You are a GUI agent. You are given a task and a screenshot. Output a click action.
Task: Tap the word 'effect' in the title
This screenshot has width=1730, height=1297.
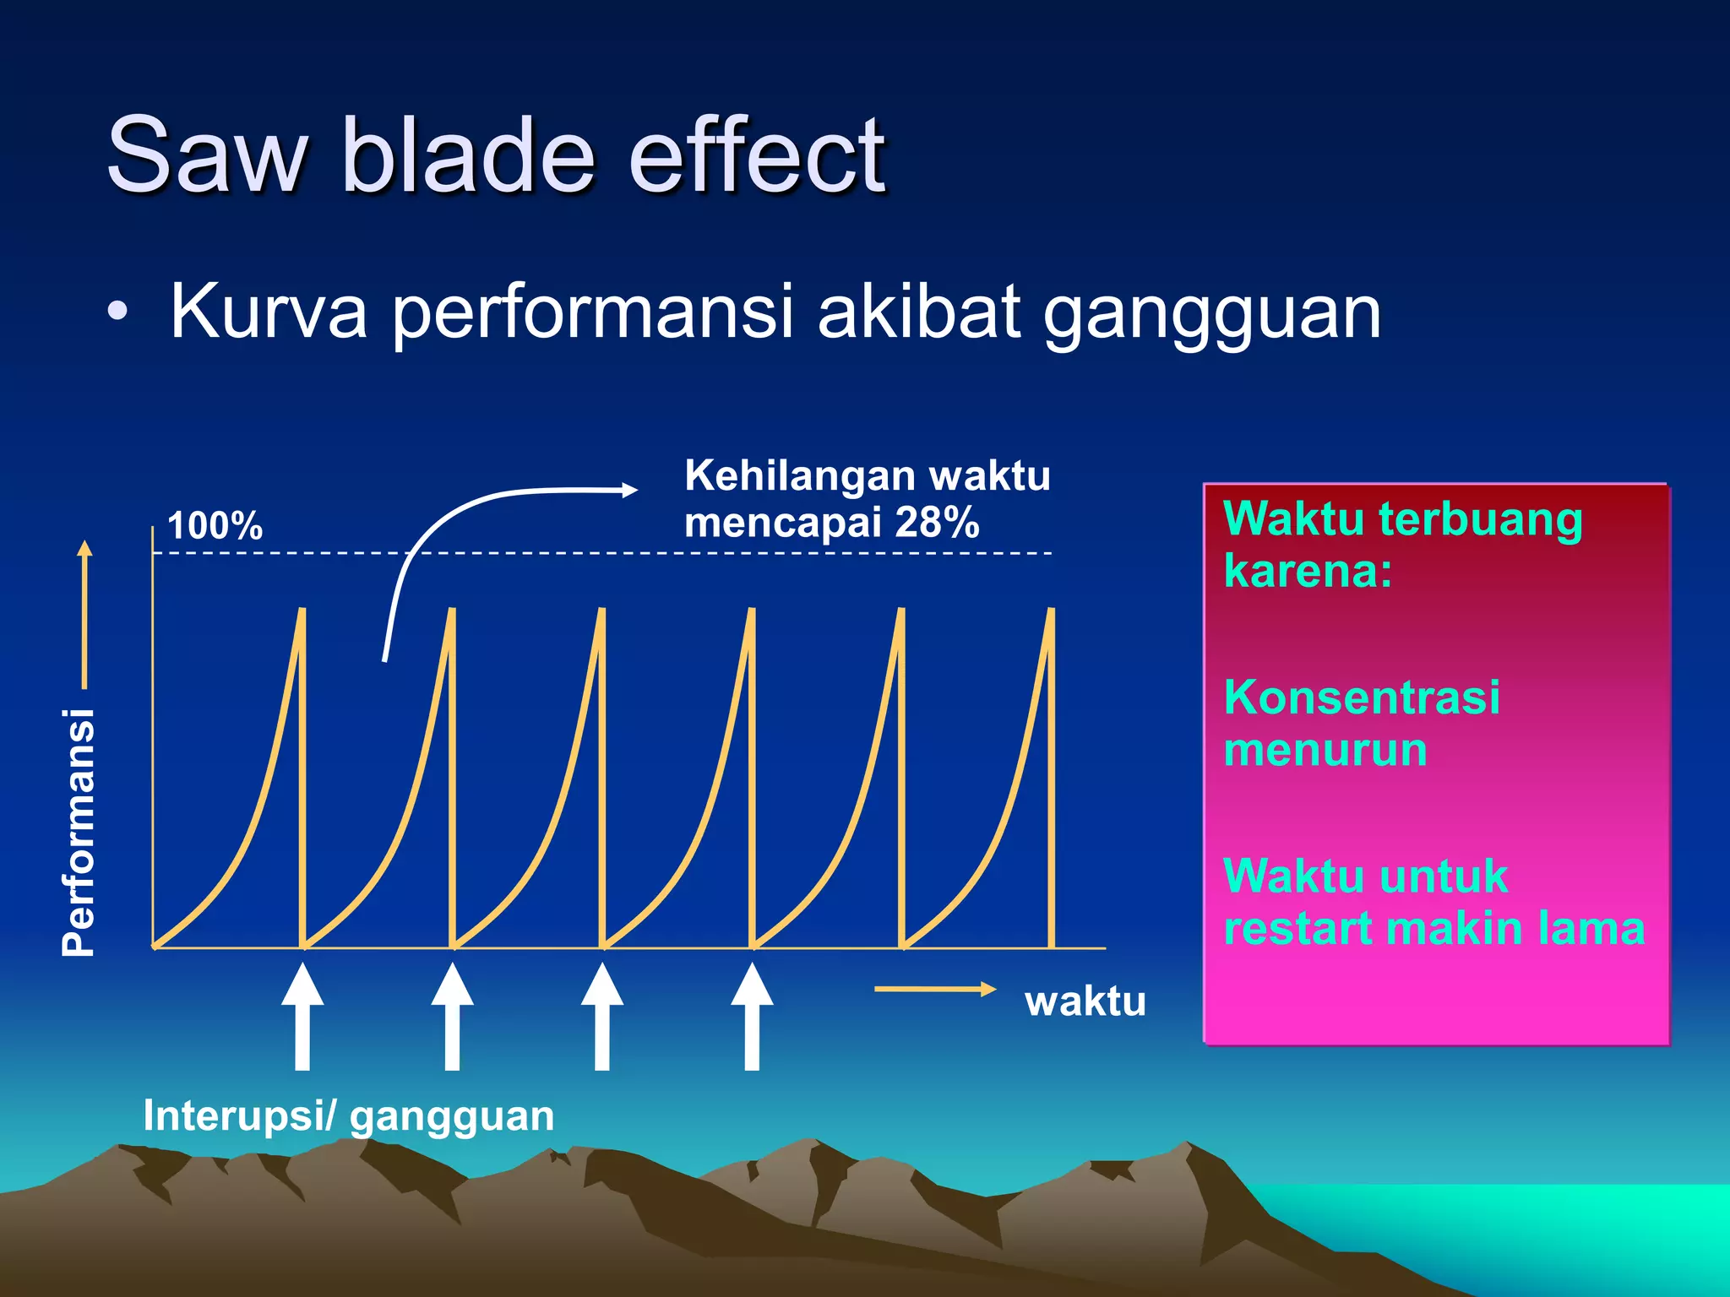(x=757, y=155)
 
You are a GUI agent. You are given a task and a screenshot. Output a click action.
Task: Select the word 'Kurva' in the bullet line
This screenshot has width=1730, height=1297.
(x=269, y=312)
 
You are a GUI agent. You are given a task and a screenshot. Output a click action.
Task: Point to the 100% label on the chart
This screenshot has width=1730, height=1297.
(x=215, y=525)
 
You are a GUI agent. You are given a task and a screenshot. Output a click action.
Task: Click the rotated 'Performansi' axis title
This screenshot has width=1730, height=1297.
(x=79, y=832)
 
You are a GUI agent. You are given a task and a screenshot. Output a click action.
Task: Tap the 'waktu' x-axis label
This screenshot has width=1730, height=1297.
(x=1085, y=1001)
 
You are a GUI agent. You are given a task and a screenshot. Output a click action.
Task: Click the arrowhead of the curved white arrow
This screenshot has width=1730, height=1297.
(x=628, y=489)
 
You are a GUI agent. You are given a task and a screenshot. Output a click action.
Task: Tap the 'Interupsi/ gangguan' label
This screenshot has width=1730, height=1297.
(x=348, y=1115)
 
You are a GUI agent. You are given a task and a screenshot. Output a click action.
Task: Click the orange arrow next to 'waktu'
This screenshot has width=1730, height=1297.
(x=935, y=989)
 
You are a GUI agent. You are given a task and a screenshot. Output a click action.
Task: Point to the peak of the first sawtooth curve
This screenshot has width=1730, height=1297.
(x=302, y=610)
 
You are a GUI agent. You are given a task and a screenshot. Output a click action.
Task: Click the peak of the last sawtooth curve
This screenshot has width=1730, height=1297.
(x=1051, y=610)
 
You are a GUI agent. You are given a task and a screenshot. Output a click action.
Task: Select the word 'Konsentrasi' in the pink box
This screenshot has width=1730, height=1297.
(x=1362, y=697)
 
